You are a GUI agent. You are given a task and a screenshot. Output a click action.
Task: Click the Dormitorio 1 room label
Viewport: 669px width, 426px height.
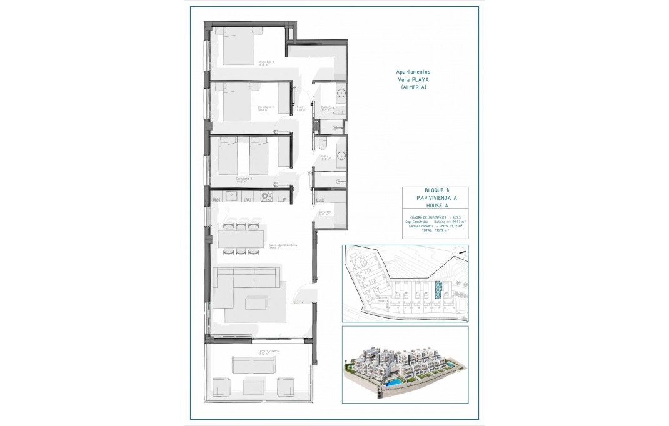click(x=266, y=62)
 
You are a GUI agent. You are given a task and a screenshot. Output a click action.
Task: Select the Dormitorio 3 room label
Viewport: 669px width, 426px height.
click(x=244, y=179)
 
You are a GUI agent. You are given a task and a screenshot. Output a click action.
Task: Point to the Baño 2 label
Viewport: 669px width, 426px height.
click(x=325, y=107)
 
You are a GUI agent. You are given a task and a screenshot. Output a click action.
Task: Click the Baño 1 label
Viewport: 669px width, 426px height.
click(x=325, y=158)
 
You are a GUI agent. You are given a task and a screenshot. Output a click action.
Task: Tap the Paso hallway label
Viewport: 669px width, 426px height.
click(x=300, y=107)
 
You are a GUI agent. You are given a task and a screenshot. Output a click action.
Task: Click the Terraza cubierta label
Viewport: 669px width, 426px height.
click(x=269, y=351)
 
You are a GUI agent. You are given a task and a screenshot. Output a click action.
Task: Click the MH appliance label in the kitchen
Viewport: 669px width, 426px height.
click(x=217, y=200)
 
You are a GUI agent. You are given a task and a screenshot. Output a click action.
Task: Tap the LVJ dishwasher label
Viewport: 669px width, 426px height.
click(x=248, y=200)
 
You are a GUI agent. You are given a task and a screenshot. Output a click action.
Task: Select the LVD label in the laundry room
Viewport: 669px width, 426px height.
click(x=320, y=200)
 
